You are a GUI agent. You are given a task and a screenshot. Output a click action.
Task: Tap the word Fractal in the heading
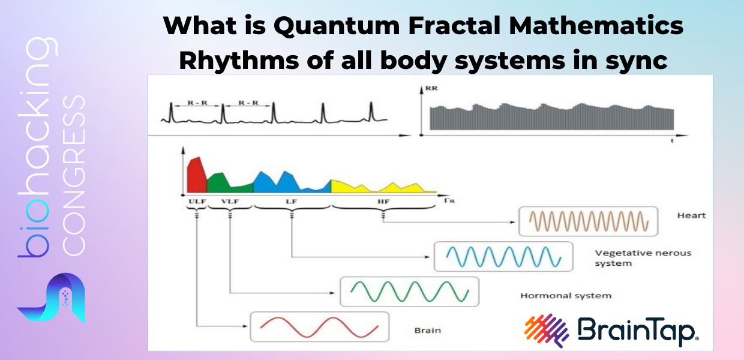coord(454,26)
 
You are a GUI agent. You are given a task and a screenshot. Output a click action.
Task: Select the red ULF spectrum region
coord(196,175)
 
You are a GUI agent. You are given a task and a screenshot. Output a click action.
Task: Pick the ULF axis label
coord(197,201)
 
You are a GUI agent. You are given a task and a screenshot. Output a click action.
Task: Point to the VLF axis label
coord(230,201)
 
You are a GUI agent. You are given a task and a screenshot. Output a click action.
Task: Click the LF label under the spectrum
coord(291,201)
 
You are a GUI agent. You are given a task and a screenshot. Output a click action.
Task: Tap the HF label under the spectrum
coord(383,201)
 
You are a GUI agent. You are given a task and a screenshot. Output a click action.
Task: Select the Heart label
coord(692,215)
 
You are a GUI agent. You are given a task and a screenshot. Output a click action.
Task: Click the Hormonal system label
coord(566,296)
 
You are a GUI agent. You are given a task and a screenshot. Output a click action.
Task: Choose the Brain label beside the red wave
coord(427,331)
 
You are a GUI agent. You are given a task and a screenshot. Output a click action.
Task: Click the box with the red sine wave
coord(320,326)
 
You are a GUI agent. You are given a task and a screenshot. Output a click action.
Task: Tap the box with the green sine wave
coord(410,291)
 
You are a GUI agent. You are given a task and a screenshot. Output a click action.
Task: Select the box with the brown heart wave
coord(588,221)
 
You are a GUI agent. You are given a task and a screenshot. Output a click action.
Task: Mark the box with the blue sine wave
coord(503,256)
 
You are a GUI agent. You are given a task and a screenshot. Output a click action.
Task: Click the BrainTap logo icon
coord(547,331)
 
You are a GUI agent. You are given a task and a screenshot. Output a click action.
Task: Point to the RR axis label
coord(431,88)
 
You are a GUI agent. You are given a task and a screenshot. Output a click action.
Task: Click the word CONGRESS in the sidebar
coord(74,175)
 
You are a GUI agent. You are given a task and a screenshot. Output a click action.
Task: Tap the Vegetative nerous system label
coord(643,258)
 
